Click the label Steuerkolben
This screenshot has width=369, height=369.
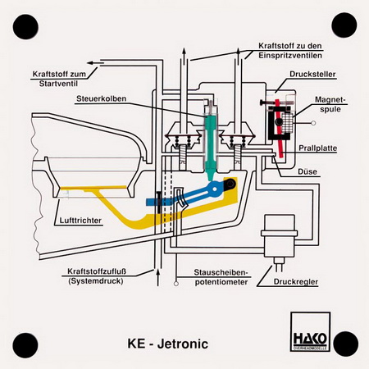coord(102,98)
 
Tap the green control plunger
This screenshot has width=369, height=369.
coord(211,146)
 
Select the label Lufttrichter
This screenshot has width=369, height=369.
coord(80,221)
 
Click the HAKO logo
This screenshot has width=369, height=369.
coord(310,331)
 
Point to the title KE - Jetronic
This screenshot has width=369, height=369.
coord(168,344)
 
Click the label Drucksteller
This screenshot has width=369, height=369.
coord(312,74)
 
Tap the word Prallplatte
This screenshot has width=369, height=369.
coord(317,148)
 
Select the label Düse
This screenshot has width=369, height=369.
coord(307,171)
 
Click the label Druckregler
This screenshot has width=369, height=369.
coord(296,281)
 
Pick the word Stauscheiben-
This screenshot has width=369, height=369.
coord(221,272)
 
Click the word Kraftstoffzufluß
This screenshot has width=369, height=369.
coord(97,271)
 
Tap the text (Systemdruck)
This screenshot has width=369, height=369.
coord(96,280)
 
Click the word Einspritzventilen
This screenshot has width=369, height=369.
coord(290,55)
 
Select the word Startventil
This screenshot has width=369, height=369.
coord(58,84)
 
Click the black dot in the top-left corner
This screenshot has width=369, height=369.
coord(25,27)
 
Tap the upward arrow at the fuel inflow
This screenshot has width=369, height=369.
coord(157,277)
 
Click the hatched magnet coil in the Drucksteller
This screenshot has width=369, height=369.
coord(288,122)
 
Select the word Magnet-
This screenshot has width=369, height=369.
coord(330,99)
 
